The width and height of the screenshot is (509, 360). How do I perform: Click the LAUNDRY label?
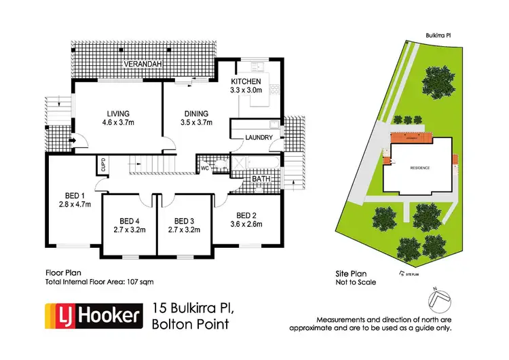click(259, 137)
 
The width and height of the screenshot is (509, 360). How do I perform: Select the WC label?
click(204, 166)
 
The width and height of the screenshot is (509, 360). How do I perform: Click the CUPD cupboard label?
click(99, 166)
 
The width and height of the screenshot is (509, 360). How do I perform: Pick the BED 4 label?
click(128, 221)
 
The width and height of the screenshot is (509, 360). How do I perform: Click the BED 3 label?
click(184, 221)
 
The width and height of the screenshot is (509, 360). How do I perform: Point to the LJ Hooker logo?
click(94, 315)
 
